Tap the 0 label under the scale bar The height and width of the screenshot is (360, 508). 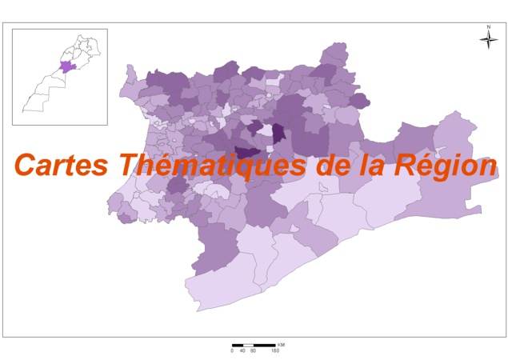click(232, 350)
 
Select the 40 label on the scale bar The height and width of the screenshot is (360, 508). click(242, 350)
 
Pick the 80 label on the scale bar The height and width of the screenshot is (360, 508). click(254, 350)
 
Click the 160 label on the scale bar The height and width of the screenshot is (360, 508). click(274, 350)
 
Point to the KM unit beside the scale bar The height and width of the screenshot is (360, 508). click(280, 344)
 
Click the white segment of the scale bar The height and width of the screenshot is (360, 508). click(248, 345)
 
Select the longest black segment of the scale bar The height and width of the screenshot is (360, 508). click(264, 345)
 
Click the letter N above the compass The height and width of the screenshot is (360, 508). click(487, 28)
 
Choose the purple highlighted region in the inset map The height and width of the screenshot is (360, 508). click(68, 66)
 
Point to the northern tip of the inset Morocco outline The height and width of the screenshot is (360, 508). click(82, 37)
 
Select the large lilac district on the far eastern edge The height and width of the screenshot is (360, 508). click(452, 172)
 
